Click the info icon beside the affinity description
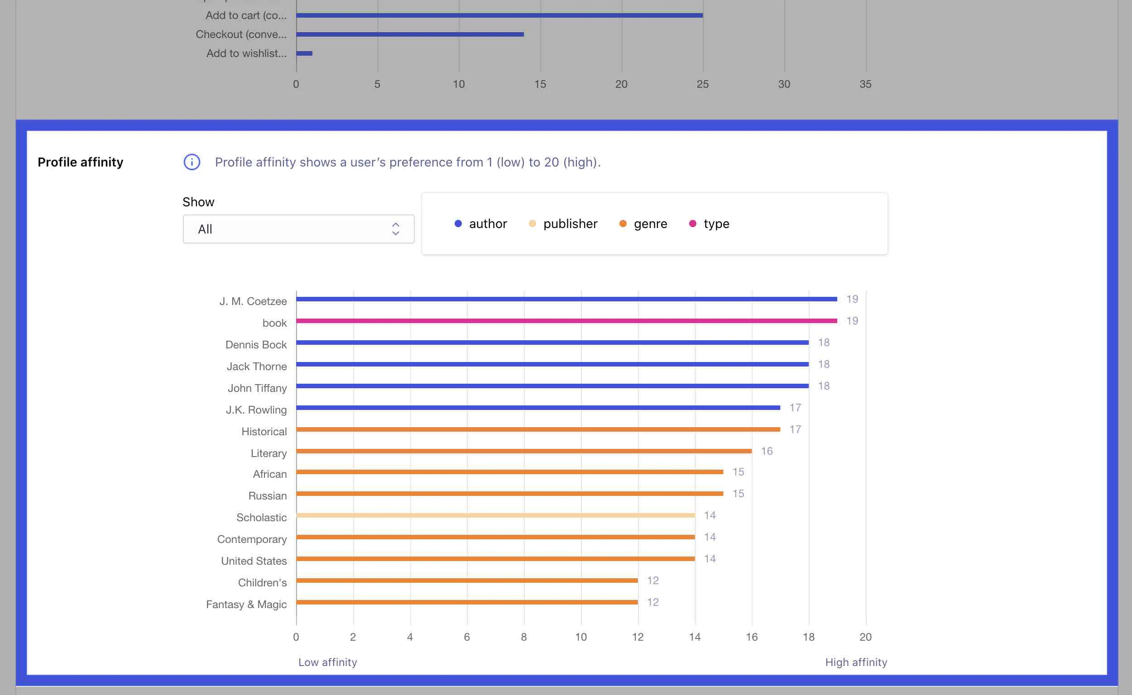point(192,162)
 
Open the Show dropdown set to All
point(298,229)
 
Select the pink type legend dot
point(692,224)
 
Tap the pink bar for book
point(566,320)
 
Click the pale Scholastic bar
point(495,515)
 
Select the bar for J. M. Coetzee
point(566,299)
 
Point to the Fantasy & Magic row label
point(246,604)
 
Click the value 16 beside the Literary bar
point(766,451)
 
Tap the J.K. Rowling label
point(256,409)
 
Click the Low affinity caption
point(327,662)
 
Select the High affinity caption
point(855,662)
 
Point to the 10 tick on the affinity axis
point(580,637)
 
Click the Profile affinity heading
point(81,162)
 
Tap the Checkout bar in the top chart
point(409,34)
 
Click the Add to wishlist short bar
point(304,53)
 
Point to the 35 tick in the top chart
point(865,84)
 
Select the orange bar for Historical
point(538,429)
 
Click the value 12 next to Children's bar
point(652,581)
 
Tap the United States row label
point(254,561)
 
